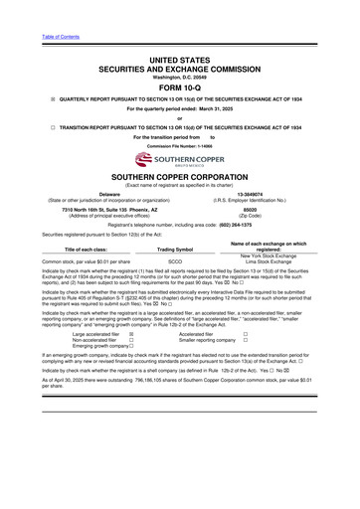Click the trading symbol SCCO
click(175, 262)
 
